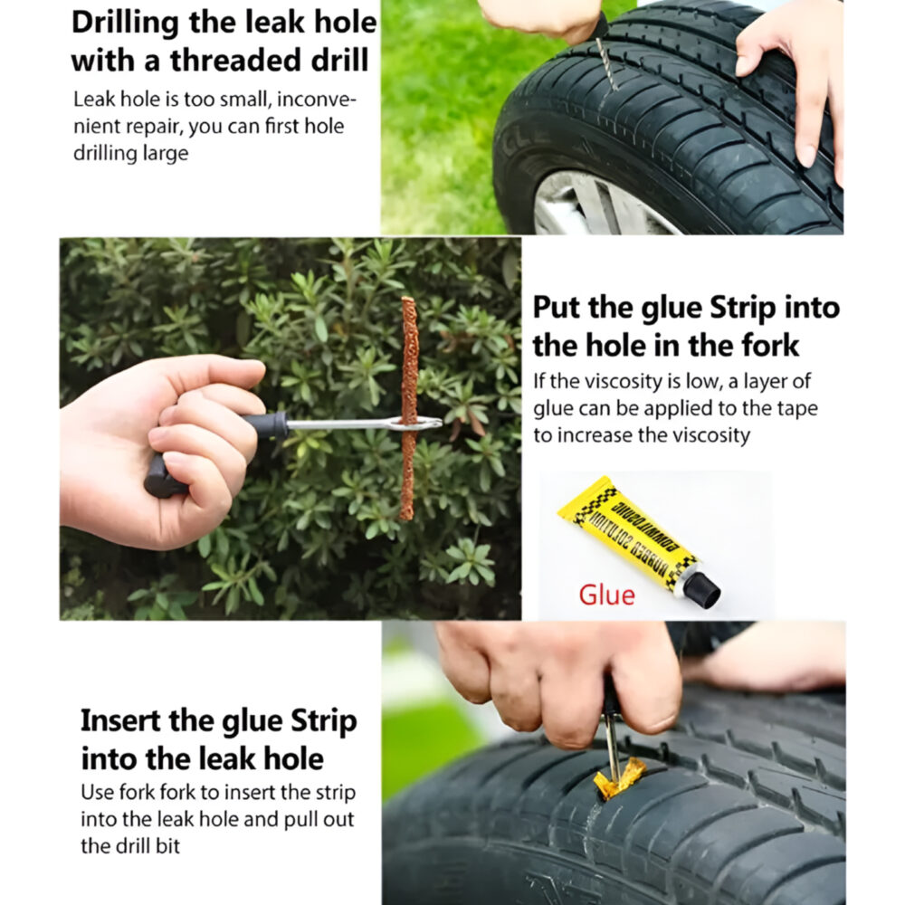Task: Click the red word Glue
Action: (x=607, y=594)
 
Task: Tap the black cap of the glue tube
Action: (x=702, y=589)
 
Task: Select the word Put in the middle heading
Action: (x=554, y=308)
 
